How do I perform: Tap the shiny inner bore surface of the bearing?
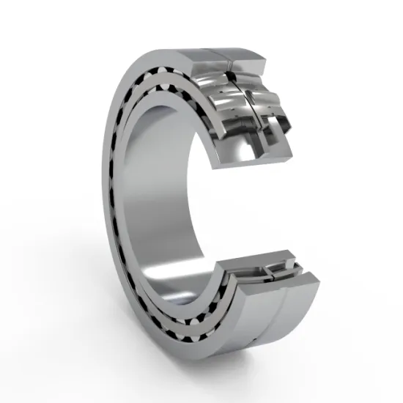(x=165, y=198)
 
